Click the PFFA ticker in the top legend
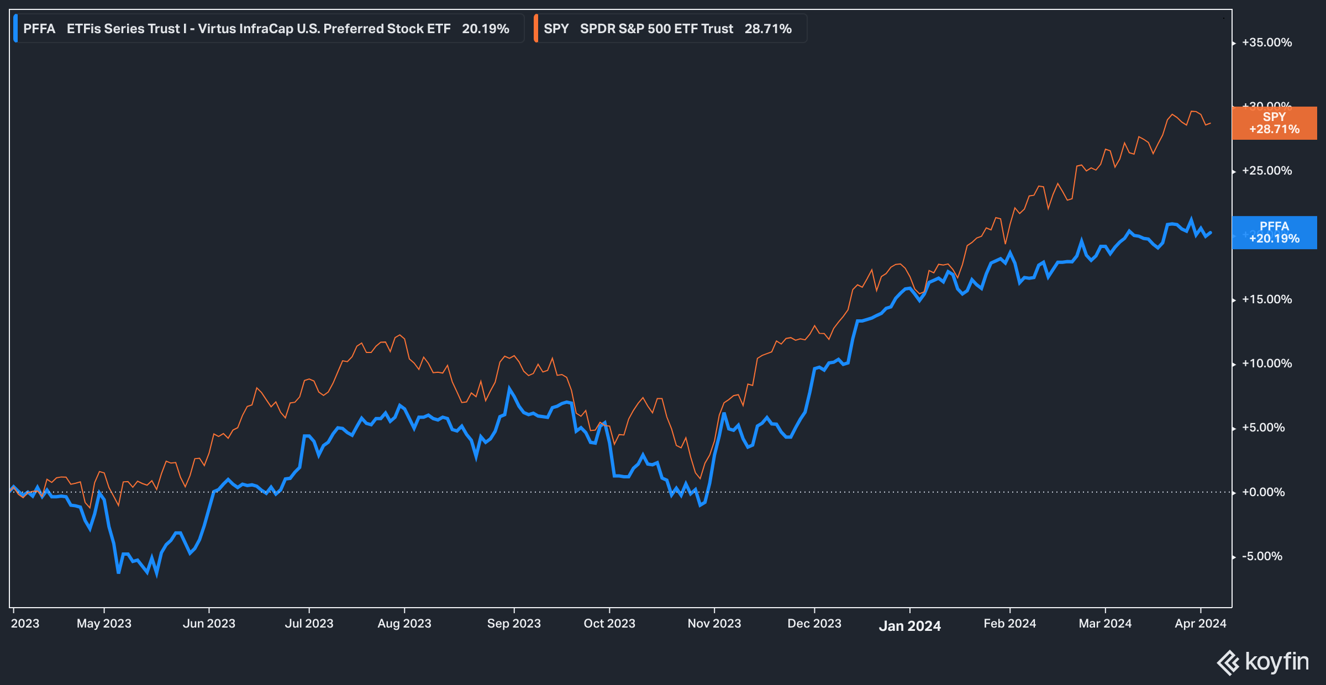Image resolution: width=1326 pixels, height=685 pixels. pyautogui.click(x=39, y=29)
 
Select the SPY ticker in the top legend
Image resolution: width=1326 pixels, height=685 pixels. pyautogui.click(x=556, y=29)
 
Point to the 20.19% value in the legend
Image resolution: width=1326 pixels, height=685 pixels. pyautogui.click(x=485, y=29)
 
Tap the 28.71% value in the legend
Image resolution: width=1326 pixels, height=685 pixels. pyautogui.click(x=767, y=29)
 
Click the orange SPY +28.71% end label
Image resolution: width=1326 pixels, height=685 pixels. pyautogui.click(x=1274, y=123)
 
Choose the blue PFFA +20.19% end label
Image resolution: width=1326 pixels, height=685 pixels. pyautogui.click(x=1274, y=233)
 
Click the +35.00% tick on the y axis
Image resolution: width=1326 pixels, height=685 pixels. pyautogui.click(x=1266, y=43)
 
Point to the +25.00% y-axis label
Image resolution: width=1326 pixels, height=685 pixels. pyautogui.click(x=1266, y=171)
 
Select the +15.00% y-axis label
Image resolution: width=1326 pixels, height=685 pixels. pyautogui.click(x=1266, y=300)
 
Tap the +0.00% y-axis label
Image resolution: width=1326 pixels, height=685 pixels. pyautogui.click(x=1263, y=492)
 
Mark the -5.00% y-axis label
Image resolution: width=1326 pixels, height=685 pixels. pyautogui.click(x=1262, y=557)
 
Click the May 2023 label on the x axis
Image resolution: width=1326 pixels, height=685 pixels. pyautogui.click(x=104, y=624)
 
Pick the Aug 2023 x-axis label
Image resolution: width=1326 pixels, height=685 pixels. pyautogui.click(x=404, y=624)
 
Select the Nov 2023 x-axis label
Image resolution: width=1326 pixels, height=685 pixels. pyautogui.click(x=714, y=624)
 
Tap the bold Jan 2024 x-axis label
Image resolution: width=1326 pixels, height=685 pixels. pyautogui.click(x=909, y=626)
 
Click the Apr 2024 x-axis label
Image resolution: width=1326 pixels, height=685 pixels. pyautogui.click(x=1200, y=624)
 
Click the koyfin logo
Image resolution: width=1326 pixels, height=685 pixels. pyautogui.click(x=1263, y=662)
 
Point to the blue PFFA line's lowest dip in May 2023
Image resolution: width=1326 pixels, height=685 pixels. pyautogui.click(x=156, y=574)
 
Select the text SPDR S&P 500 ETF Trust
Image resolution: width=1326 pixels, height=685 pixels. pyautogui.click(x=656, y=29)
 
